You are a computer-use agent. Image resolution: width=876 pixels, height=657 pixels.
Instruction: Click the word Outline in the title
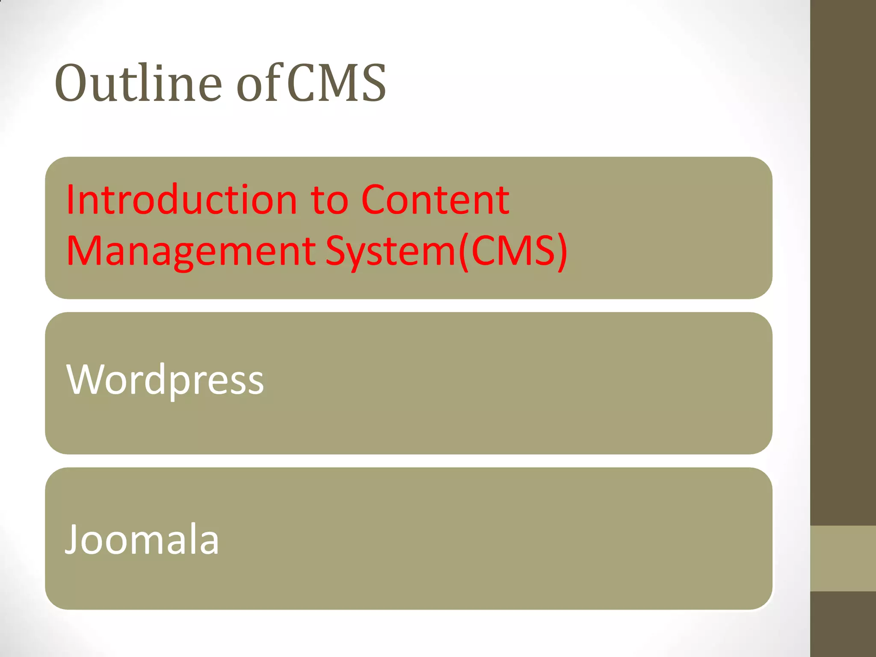pyautogui.click(x=138, y=83)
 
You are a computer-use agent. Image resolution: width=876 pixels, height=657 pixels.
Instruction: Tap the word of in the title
pyautogui.click(x=259, y=83)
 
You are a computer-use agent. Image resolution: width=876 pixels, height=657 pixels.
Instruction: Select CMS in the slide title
pyautogui.click(x=336, y=83)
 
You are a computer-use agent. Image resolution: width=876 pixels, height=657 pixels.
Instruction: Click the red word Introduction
pyautogui.click(x=182, y=200)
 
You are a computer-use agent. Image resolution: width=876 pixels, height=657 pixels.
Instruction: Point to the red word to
pyautogui.click(x=330, y=200)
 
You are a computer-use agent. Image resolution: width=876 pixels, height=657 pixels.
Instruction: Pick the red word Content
pyautogui.click(x=435, y=200)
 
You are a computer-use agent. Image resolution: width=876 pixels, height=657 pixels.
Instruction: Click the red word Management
pyautogui.click(x=191, y=251)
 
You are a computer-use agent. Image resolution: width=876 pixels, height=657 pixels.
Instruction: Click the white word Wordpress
pyautogui.click(x=165, y=380)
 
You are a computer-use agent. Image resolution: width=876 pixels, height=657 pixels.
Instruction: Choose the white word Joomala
pyautogui.click(x=142, y=540)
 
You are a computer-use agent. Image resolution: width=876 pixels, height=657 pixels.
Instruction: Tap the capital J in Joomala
pyautogui.click(x=71, y=540)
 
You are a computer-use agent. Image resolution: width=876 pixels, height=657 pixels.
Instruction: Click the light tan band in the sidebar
pyautogui.click(x=843, y=559)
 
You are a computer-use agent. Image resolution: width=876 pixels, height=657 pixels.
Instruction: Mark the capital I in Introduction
pyautogui.click(x=70, y=200)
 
